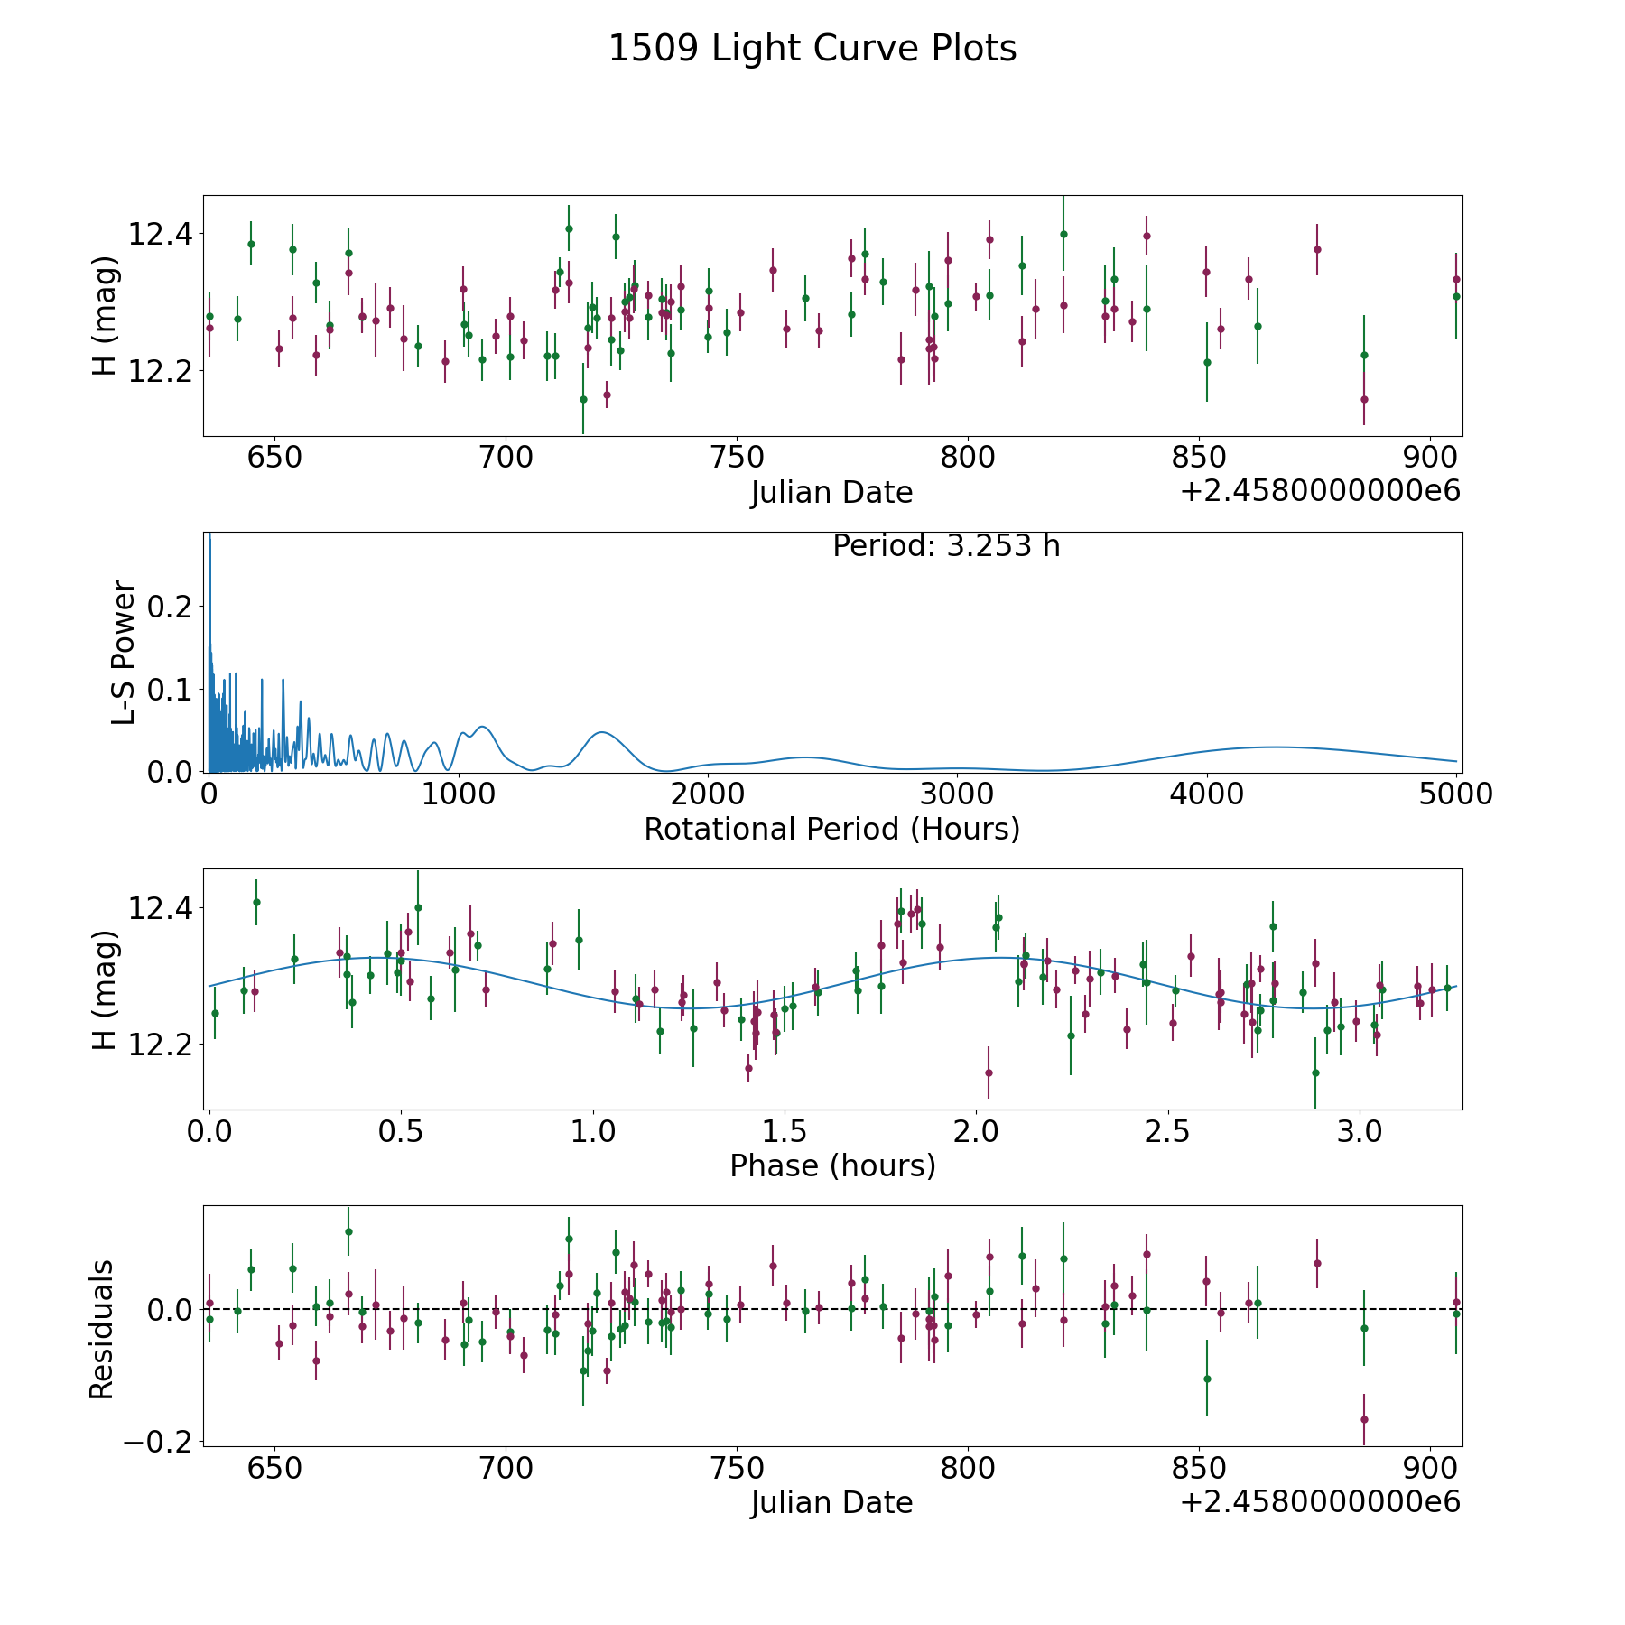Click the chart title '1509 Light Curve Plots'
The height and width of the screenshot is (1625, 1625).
(x=812, y=49)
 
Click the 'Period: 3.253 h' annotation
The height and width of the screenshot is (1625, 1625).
(x=946, y=546)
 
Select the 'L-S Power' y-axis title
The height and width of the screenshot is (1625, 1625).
(x=125, y=652)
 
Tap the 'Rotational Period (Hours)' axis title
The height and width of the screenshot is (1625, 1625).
(x=831, y=829)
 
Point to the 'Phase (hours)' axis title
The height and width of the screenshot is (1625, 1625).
(x=832, y=1165)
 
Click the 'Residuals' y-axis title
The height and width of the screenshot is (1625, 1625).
(x=102, y=1329)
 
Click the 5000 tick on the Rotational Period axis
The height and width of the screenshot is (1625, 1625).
(x=1456, y=794)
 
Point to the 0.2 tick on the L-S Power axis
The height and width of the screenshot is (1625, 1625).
(x=172, y=606)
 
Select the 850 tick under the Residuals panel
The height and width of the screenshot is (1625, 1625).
(x=1198, y=1468)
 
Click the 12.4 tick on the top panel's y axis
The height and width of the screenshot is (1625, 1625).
(x=161, y=235)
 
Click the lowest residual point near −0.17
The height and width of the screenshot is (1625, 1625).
(x=1364, y=1419)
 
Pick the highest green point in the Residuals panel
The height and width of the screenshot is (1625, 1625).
(x=348, y=1231)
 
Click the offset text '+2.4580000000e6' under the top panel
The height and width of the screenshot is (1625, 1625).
(x=1320, y=492)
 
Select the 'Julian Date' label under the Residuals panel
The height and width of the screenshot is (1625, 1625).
(x=831, y=1502)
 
